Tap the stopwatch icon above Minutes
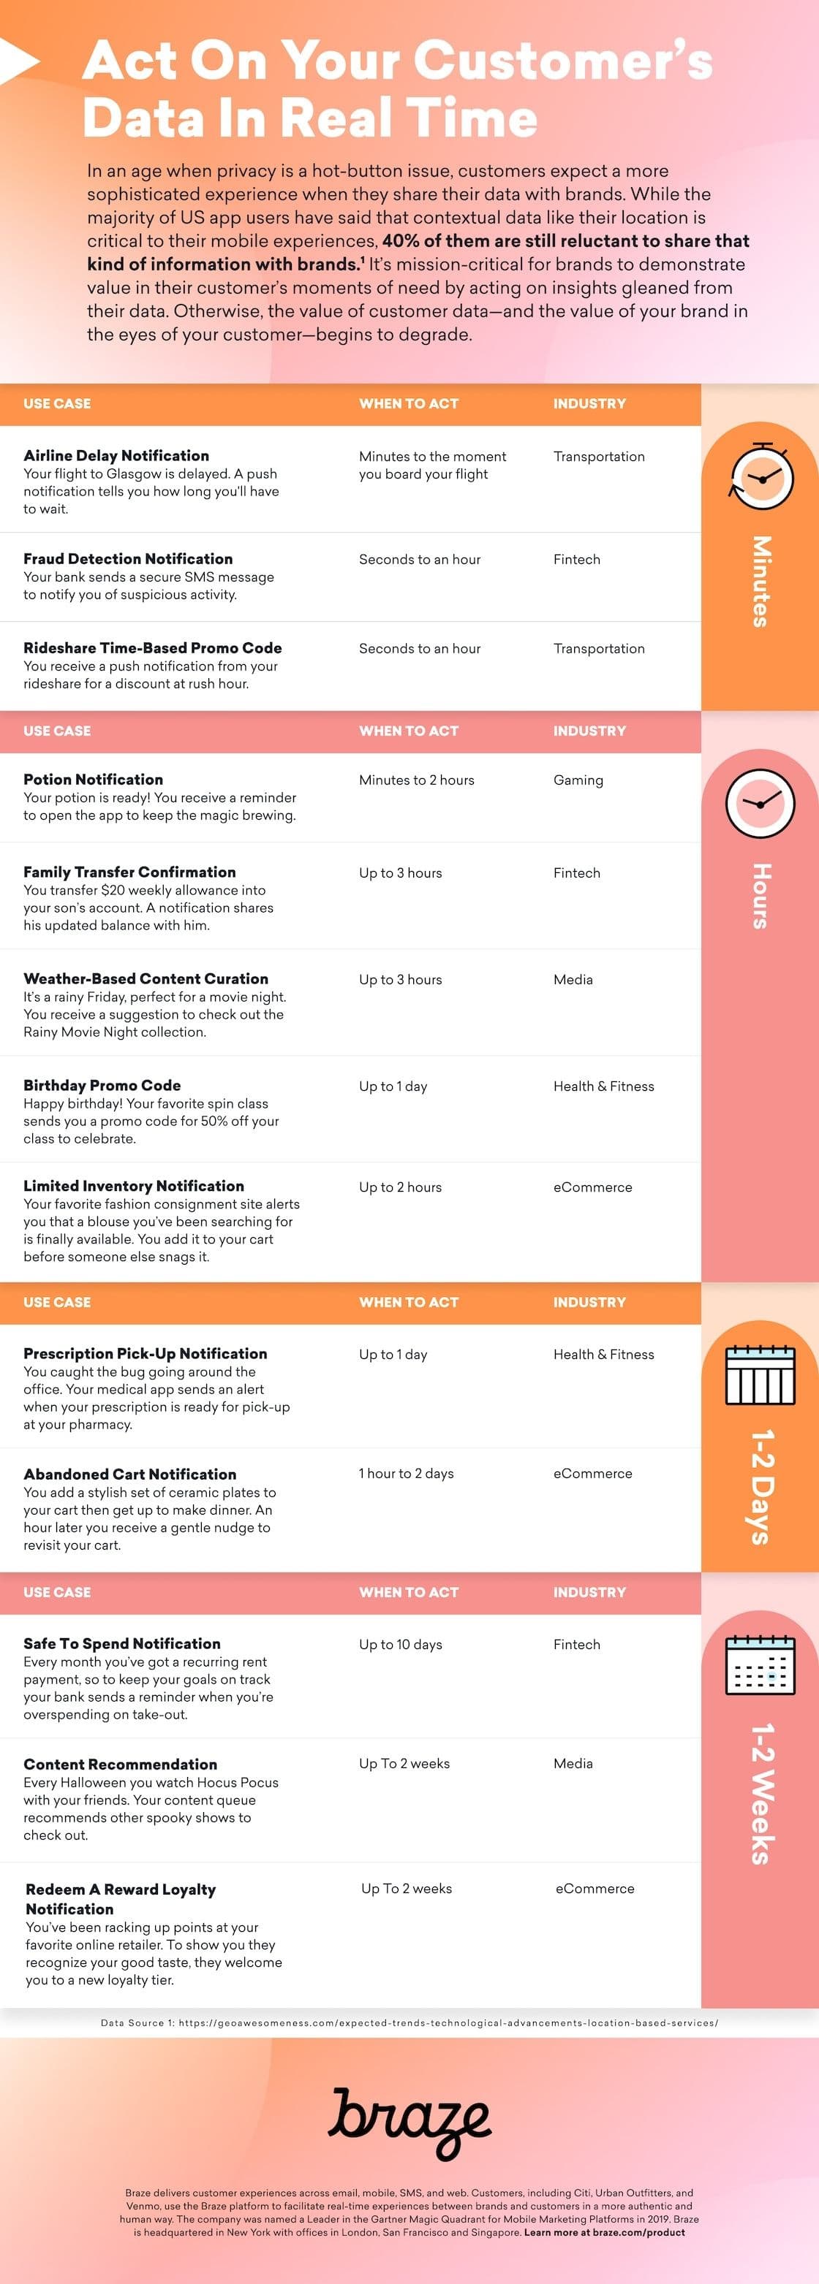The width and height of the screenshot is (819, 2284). click(760, 477)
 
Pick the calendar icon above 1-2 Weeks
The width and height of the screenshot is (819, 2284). click(760, 1665)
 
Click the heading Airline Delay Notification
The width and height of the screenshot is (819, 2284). click(116, 456)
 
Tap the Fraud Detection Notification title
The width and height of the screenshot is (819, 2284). click(128, 559)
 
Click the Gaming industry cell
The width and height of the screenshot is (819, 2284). click(578, 780)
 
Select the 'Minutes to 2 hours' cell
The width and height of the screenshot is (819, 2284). click(416, 780)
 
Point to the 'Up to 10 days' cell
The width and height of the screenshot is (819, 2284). click(400, 1644)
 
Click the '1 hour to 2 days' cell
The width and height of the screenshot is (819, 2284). click(406, 1473)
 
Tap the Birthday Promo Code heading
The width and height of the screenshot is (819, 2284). click(102, 1085)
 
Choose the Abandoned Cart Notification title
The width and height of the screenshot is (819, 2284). click(129, 1474)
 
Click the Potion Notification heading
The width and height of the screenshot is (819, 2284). click(93, 780)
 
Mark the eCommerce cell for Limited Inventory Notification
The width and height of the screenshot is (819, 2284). click(592, 1187)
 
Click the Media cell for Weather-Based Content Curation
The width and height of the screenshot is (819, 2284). click(573, 980)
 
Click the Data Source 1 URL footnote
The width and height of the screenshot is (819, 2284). click(409, 2022)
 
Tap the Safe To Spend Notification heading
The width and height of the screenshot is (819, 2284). click(121, 1643)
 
